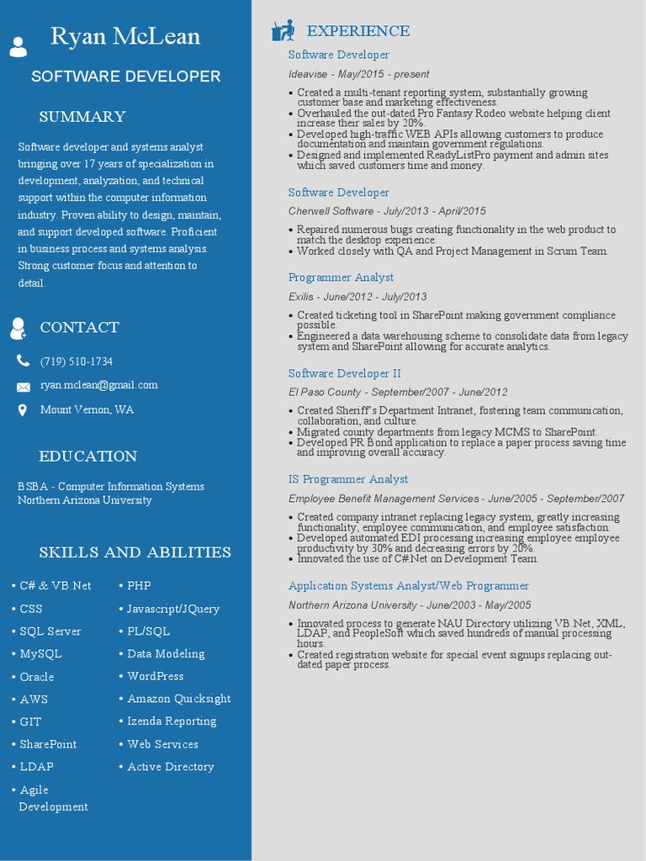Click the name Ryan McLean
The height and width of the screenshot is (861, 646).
(x=125, y=37)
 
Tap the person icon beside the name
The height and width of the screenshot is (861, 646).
(x=18, y=46)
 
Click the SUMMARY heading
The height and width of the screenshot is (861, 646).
(x=82, y=117)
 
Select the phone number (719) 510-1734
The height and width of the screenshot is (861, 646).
(x=77, y=362)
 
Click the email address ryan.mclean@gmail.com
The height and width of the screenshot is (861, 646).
(x=99, y=385)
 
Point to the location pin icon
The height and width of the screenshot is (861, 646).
(x=23, y=410)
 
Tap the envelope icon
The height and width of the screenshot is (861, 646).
(x=23, y=387)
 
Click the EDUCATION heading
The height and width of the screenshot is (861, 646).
(x=87, y=457)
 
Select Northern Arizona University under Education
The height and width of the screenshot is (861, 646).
(x=85, y=500)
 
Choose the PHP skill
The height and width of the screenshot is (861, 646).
(x=139, y=585)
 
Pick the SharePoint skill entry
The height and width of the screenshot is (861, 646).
(x=48, y=744)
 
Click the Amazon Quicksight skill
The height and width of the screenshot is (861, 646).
(x=178, y=699)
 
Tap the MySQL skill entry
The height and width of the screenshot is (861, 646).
(x=40, y=653)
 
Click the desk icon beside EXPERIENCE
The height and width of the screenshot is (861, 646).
(x=283, y=31)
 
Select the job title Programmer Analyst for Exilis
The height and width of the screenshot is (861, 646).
(x=341, y=277)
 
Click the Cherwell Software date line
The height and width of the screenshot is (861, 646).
(x=387, y=211)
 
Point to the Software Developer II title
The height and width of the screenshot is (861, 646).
(x=345, y=373)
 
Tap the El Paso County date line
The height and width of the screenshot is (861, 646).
(x=398, y=392)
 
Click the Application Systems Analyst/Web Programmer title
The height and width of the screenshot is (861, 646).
(x=409, y=586)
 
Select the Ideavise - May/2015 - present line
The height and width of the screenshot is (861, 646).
(x=358, y=74)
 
